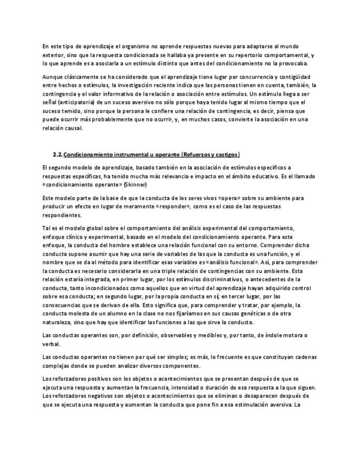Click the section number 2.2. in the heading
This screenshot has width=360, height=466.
[57, 155]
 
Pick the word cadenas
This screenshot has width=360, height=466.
[303, 357]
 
